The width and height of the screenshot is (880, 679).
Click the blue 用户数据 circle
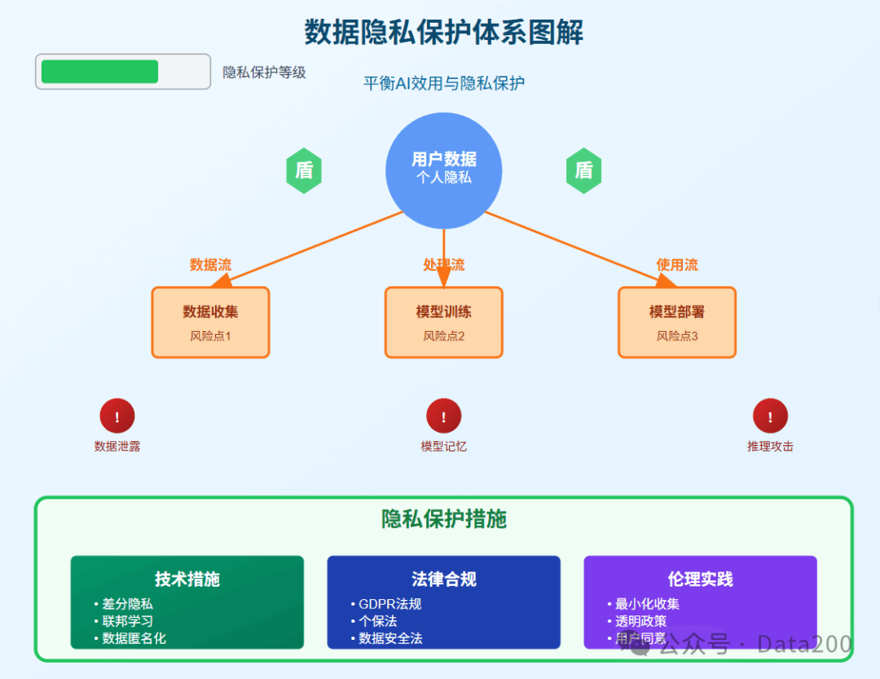coord(443,170)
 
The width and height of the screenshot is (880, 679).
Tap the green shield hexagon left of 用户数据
coord(304,170)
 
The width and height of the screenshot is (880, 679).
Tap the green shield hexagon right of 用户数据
coord(583,170)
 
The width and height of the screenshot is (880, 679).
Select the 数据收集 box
coord(210,322)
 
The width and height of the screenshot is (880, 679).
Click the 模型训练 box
coord(443,322)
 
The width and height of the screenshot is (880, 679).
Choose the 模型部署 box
coord(677,322)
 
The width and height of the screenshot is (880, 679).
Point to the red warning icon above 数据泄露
coord(117,416)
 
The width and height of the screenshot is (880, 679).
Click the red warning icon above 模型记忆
coord(443,416)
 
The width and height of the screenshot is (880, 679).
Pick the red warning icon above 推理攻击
coord(770,416)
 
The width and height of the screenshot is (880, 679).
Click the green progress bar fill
coord(100,72)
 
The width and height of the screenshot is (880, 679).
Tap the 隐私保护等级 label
coord(264,73)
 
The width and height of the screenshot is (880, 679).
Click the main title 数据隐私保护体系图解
coord(443,32)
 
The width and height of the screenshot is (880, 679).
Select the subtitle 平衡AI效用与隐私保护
coord(443,83)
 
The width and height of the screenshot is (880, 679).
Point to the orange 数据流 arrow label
coord(210,265)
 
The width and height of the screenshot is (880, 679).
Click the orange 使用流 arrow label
coord(677,265)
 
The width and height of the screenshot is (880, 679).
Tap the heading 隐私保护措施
coord(443,519)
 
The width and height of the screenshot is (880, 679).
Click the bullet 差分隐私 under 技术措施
coord(127,604)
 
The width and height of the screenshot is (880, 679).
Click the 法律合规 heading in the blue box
coord(443,579)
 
